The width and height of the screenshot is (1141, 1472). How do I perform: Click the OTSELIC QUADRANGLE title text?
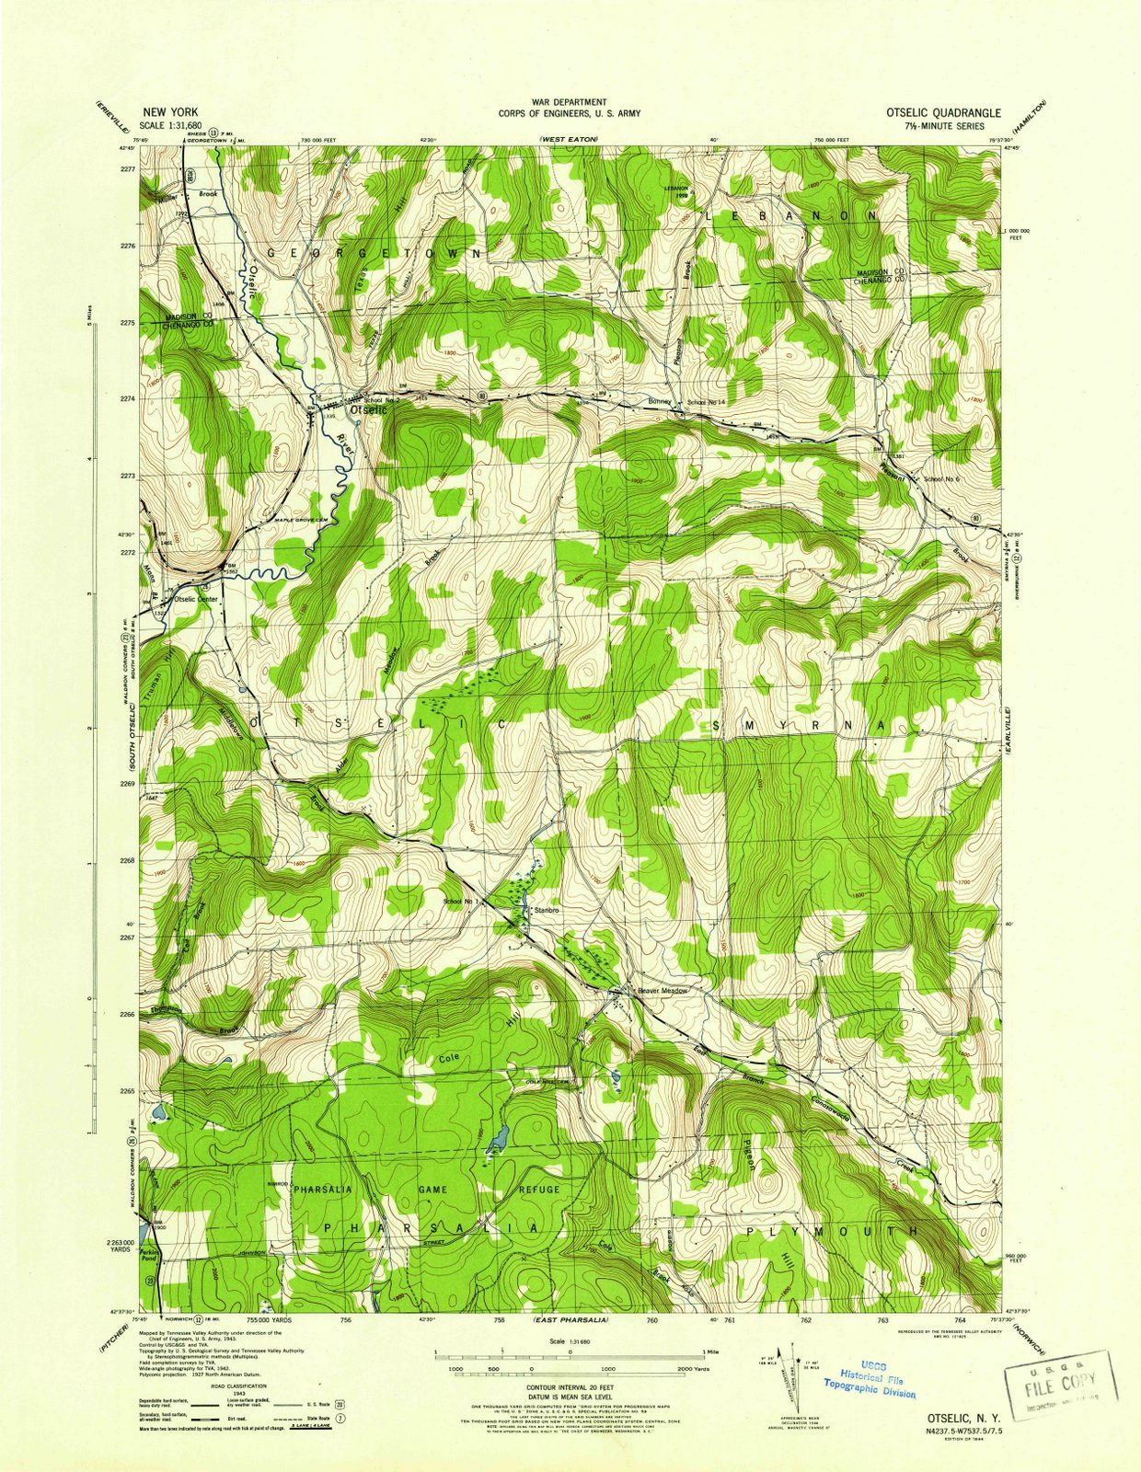[x=943, y=112]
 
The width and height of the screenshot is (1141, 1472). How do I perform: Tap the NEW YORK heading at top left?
[x=168, y=111]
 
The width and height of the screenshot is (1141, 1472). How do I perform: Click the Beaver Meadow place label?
[x=663, y=991]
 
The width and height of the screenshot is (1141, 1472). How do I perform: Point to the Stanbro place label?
[x=548, y=910]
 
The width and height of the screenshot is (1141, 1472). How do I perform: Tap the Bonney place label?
[x=660, y=402]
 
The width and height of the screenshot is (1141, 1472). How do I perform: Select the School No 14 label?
[x=707, y=403]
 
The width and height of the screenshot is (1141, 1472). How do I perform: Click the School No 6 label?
[x=941, y=479]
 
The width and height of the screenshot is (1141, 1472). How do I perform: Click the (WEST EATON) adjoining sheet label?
[x=569, y=138]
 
